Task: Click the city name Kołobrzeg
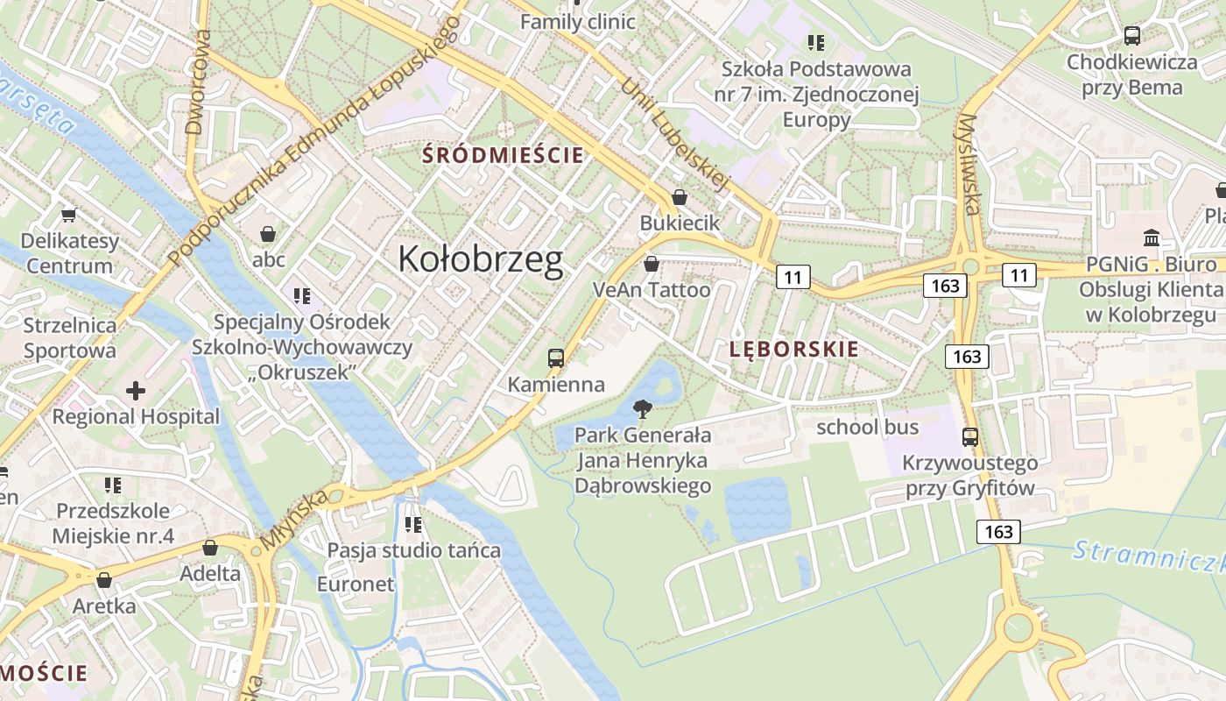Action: tap(480, 259)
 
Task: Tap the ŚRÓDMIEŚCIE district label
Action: tap(503, 156)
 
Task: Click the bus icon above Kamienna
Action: tap(556, 358)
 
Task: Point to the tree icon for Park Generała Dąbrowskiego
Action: tap(643, 408)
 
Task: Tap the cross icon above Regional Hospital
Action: tap(136, 390)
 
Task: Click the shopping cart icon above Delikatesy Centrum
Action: tap(68, 215)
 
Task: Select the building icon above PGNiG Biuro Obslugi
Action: tap(1152, 237)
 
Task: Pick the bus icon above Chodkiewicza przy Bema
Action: tap(1131, 36)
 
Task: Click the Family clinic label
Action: tap(577, 22)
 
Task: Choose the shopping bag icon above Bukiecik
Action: tap(679, 197)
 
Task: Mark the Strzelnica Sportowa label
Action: tap(70, 338)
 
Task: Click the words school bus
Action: tap(867, 427)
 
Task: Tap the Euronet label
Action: tap(356, 584)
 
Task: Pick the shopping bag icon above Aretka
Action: tap(104, 580)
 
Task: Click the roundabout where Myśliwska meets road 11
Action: tap(970, 266)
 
